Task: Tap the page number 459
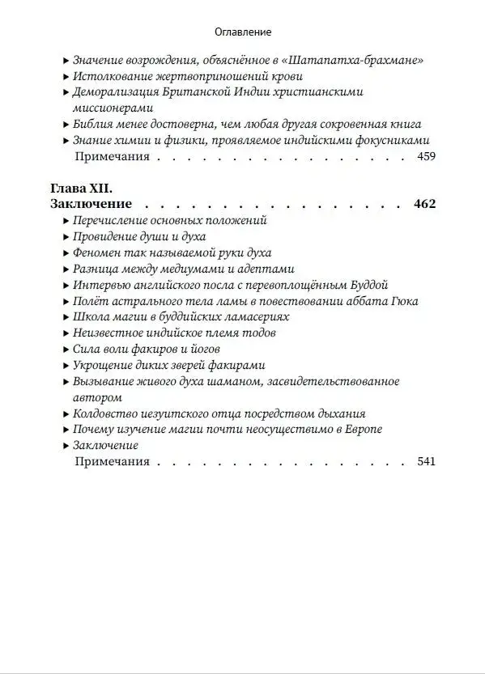point(425,156)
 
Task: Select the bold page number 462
point(424,204)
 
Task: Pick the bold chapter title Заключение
point(91,204)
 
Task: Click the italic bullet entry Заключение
point(105,445)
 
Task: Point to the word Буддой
point(370,285)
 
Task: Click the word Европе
point(361,429)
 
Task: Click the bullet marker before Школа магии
point(65,317)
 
